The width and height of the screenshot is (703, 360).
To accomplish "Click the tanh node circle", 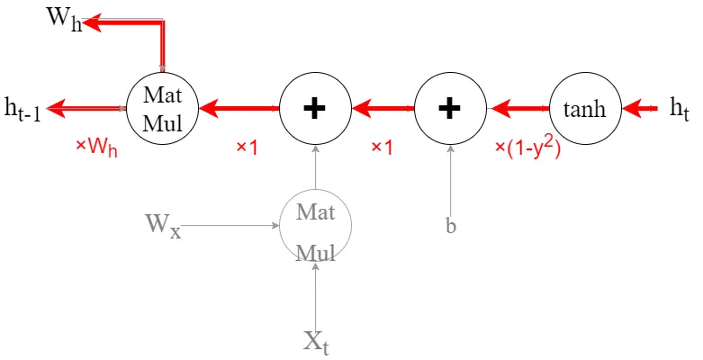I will click(x=585, y=109).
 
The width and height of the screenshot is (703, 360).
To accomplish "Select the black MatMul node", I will click(x=162, y=109).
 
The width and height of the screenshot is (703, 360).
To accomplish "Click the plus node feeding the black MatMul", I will click(x=315, y=109).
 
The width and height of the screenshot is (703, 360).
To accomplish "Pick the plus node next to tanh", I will click(x=450, y=109).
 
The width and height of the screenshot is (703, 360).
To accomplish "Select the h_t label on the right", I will click(x=679, y=109).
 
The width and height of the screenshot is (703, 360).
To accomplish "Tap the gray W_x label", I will click(x=163, y=226).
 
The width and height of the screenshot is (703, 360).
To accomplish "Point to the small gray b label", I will click(x=451, y=226).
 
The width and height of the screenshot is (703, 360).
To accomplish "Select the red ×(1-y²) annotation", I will click(x=528, y=149).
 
